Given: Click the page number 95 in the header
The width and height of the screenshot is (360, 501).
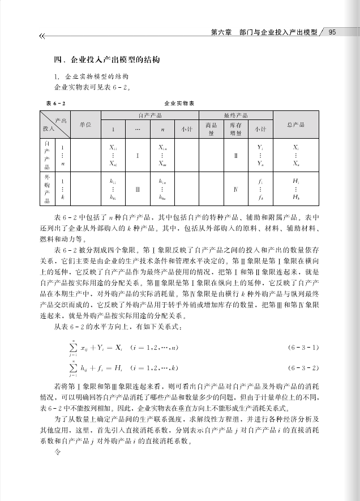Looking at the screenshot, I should [x=333, y=32].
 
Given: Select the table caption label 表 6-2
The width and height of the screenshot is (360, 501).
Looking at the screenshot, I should [x=56, y=104].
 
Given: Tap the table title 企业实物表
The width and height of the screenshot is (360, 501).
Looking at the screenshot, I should [x=179, y=104].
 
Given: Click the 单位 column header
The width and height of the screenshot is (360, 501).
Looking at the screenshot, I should [x=85, y=124].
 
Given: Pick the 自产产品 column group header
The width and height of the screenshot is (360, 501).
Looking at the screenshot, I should [x=150, y=115].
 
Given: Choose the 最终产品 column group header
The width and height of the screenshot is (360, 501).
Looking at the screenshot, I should [x=235, y=115].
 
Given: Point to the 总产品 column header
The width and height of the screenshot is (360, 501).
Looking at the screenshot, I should [x=296, y=124].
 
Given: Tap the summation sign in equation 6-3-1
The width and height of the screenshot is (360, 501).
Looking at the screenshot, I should [x=72, y=346].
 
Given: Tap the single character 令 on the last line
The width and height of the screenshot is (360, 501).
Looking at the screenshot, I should [x=57, y=453].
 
